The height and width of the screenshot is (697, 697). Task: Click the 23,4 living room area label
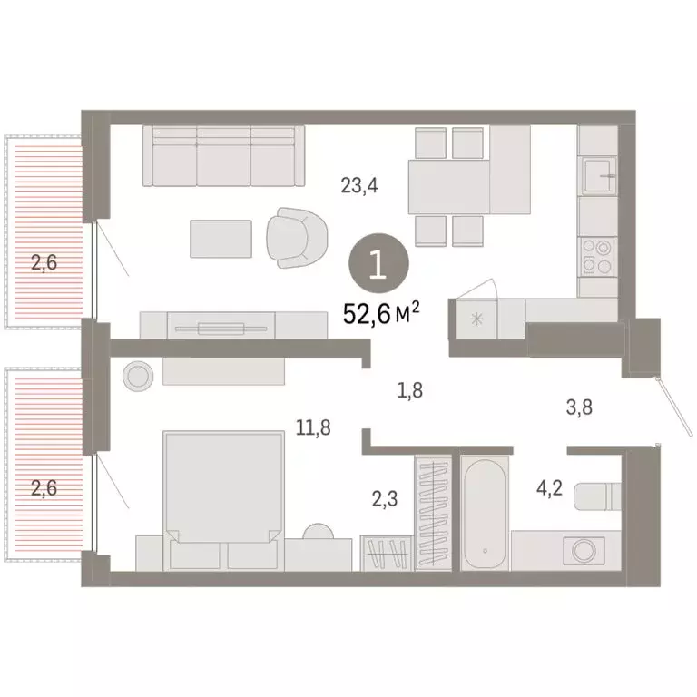pos(358,187)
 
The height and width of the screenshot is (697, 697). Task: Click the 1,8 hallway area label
pos(410,391)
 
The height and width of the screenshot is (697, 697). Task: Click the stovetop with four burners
pos(597,255)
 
